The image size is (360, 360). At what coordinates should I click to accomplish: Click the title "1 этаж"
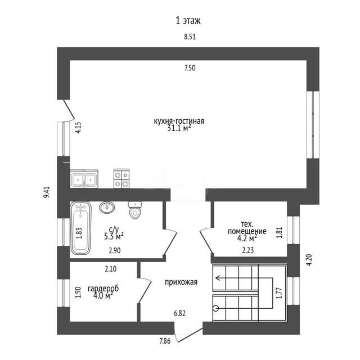click(188, 21)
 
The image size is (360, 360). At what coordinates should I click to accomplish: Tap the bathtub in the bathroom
click(80, 228)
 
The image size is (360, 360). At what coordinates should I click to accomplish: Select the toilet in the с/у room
click(135, 210)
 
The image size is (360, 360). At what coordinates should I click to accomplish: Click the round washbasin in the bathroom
click(107, 208)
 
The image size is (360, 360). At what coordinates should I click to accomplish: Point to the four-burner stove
click(121, 178)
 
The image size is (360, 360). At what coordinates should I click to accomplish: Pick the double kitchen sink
click(84, 179)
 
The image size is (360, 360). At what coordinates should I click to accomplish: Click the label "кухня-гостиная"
click(179, 121)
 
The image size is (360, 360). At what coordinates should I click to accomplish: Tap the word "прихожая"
click(181, 282)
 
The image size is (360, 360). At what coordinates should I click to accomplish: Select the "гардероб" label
click(103, 289)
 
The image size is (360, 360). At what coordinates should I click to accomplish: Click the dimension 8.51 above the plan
click(190, 37)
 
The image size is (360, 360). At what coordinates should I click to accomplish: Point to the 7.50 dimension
click(190, 68)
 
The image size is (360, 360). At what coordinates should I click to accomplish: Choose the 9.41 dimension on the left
click(47, 192)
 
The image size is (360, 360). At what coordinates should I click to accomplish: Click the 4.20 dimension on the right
click(309, 260)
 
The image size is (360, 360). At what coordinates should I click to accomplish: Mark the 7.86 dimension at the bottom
click(165, 341)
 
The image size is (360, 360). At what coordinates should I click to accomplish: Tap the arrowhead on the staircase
click(218, 278)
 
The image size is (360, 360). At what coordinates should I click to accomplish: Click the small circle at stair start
click(216, 309)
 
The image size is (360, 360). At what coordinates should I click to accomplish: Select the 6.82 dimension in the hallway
click(179, 313)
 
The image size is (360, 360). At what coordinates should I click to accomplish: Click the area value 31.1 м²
click(179, 128)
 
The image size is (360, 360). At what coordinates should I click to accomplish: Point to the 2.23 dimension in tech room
click(248, 250)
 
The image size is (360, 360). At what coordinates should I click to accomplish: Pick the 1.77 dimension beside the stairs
click(279, 293)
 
